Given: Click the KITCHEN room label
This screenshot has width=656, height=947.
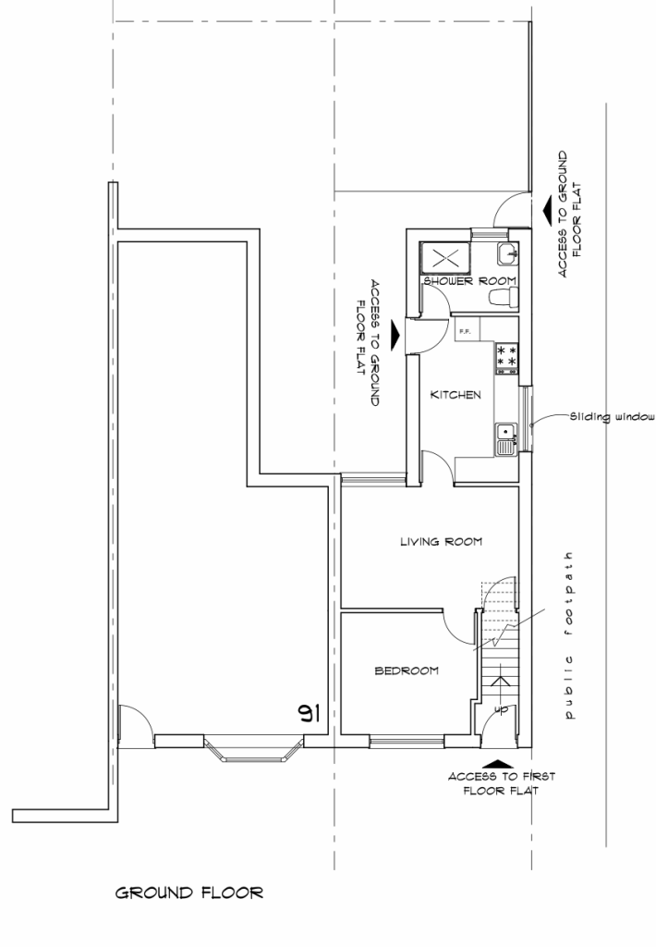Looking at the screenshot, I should [x=456, y=395].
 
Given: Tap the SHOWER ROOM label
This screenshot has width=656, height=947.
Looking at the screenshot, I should [x=468, y=280].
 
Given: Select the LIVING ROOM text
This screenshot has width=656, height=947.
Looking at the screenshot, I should [x=441, y=542].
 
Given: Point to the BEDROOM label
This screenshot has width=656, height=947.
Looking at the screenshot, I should [x=406, y=670].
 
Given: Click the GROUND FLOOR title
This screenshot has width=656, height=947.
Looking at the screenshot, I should [x=189, y=893].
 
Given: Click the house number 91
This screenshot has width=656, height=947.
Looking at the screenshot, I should [x=309, y=713].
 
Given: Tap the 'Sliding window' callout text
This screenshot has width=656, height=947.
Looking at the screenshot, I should [x=612, y=416].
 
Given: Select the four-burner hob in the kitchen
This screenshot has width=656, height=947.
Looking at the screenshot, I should [x=507, y=358].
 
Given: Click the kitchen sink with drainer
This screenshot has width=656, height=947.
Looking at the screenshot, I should [x=505, y=438].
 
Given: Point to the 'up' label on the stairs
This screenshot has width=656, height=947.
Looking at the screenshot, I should [x=501, y=709].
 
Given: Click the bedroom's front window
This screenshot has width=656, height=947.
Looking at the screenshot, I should [x=407, y=740].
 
